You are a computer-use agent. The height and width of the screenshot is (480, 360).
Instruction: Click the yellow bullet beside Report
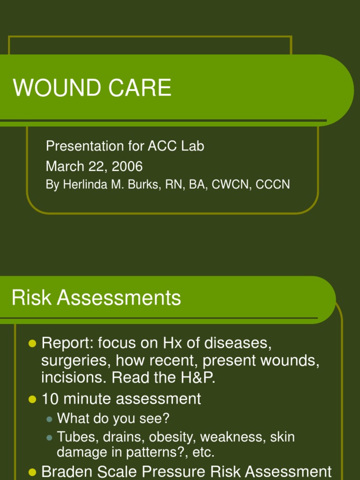pos(32,344)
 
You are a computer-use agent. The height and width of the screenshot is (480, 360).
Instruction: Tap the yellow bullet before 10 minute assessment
pos(32,400)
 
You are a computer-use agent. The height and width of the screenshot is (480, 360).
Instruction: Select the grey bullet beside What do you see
pos(50,419)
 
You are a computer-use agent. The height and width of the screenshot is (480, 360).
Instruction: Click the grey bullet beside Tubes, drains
pos(50,438)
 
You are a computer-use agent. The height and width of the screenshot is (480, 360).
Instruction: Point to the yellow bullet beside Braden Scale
pos(32,472)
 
